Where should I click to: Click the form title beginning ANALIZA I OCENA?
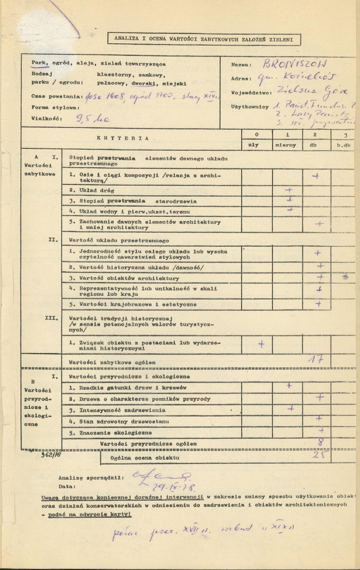point(201,39)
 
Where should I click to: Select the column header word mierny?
point(288,145)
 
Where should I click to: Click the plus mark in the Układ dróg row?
point(288,189)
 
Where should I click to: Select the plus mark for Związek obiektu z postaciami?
point(261,343)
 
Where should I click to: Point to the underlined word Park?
point(39,63)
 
